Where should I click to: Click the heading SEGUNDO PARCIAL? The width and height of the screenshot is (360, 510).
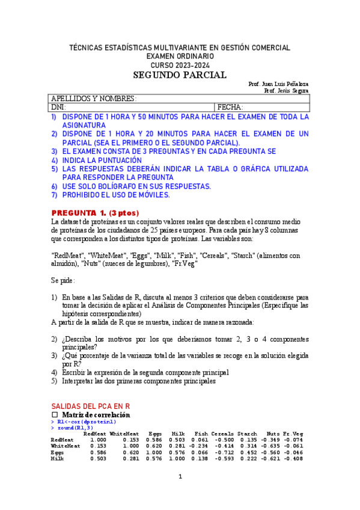click(x=180, y=75)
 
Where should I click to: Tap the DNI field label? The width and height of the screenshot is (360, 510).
click(x=58, y=107)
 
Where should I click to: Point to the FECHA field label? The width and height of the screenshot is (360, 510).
click(x=230, y=107)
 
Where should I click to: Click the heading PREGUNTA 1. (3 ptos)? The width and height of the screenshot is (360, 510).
click(x=95, y=213)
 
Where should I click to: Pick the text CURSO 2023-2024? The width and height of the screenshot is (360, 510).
click(x=180, y=65)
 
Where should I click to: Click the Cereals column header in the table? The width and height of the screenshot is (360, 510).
click(x=222, y=433)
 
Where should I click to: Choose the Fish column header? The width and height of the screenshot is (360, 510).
click(x=200, y=433)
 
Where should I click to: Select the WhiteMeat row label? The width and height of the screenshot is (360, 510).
click(x=66, y=446)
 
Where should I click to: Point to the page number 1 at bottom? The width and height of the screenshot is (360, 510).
click(x=180, y=477)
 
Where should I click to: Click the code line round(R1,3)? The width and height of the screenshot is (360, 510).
click(x=75, y=428)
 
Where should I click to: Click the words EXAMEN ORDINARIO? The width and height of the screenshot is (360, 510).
click(x=180, y=56)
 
